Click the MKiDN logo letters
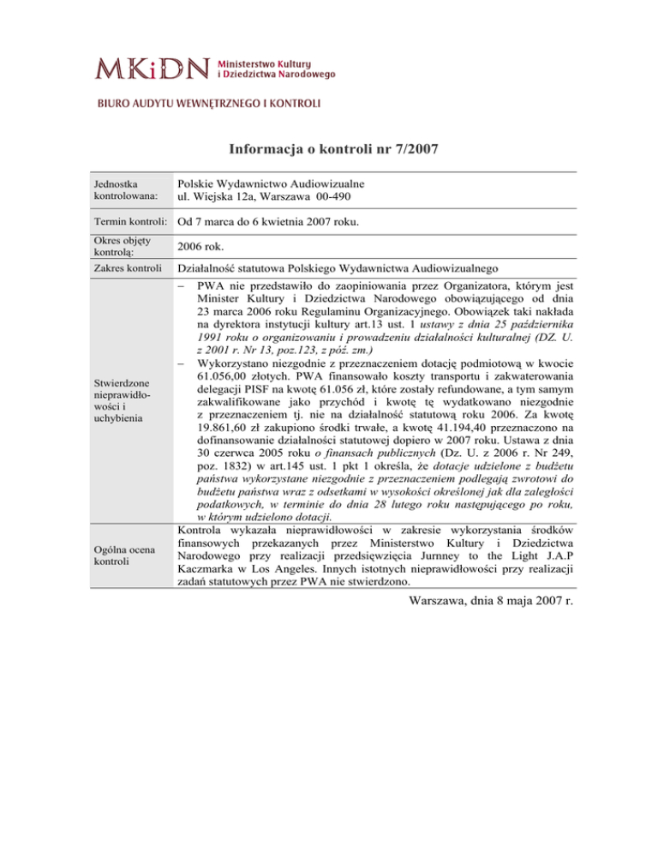tap(153, 68)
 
